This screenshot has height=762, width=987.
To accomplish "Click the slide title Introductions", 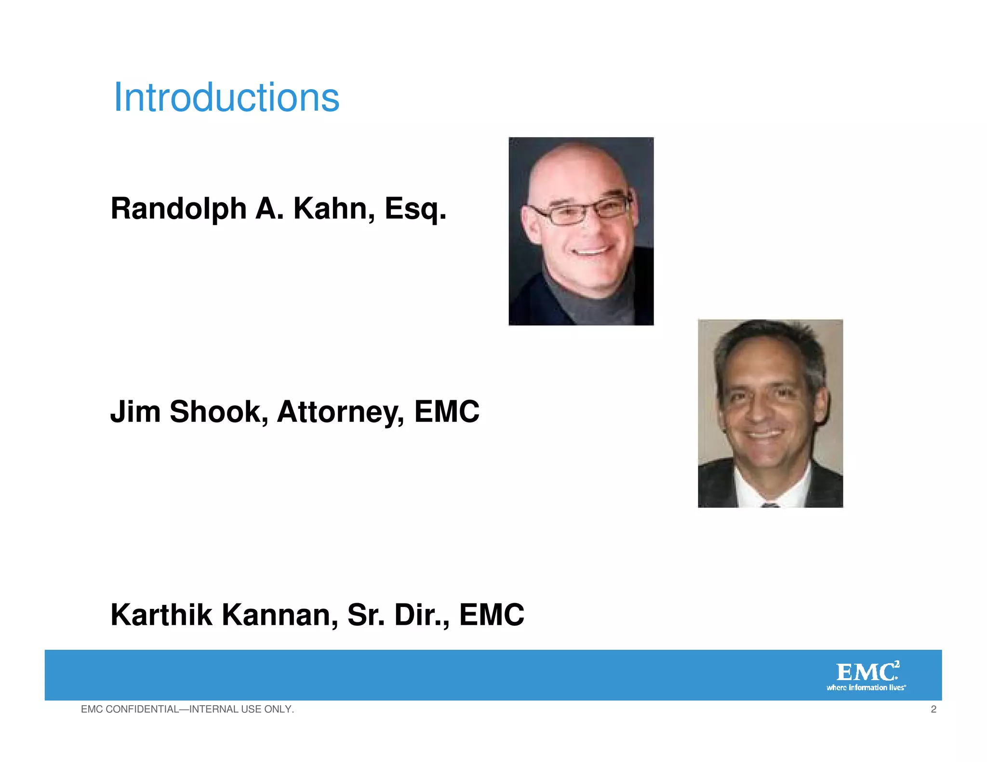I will tap(227, 98).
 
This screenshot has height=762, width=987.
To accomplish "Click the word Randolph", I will tap(178, 209).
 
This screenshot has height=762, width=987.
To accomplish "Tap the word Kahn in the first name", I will tap(333, 209).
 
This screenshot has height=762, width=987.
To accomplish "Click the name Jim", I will tap(135, 412).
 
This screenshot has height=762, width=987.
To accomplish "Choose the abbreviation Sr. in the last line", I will tap(366, 616).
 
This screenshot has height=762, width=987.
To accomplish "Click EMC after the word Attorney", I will tap(447, 412).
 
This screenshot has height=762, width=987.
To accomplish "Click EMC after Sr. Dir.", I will tap(492, 616).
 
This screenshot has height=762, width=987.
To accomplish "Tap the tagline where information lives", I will tap(866, 688).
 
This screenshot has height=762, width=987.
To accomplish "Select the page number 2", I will tap(934, 709).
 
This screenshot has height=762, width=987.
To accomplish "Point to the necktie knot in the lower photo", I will tap(770, 504).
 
